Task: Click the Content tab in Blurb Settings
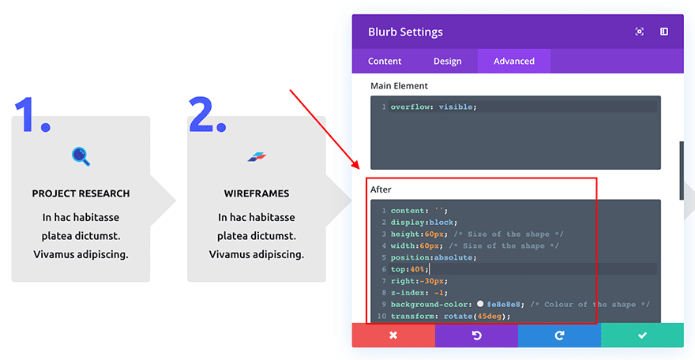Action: click(385, 61)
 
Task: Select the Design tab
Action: click(447, 61)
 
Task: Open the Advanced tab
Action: click(514, 61)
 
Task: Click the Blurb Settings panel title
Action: click(405, 32)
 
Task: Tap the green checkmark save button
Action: click(642, 336)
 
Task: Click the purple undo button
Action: click(476, 336)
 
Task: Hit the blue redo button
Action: click(559, 336)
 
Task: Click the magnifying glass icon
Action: click(81, 156)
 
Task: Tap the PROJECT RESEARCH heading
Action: click(81, 193)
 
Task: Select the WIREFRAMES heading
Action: click(256, 193)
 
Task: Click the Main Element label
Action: click(400, 85)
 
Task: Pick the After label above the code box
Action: click(381, 189)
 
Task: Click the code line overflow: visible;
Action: click(434, 107)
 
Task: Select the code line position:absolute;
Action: click(432, 257)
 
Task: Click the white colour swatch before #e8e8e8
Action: click(479, 304)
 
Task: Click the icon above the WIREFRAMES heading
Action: click(257, 156)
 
